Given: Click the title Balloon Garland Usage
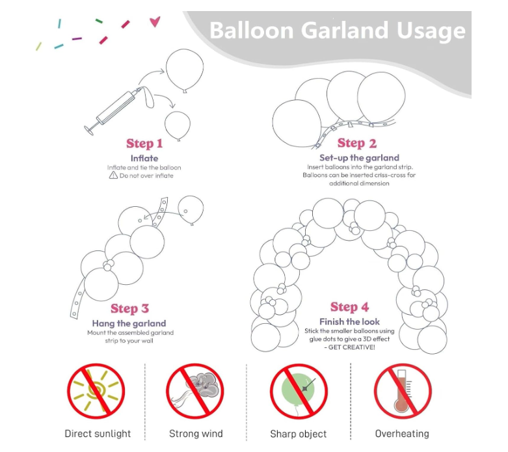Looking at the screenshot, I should pos(337,31).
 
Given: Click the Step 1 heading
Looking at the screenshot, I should pos(144,144).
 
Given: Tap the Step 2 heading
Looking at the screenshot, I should pos(356,143).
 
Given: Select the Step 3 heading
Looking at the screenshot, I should pos(129,308).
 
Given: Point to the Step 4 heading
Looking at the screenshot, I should pos(349,307).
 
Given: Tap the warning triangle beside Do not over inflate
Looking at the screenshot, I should pos(113,176).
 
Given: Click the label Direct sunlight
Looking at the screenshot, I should pos(98,433).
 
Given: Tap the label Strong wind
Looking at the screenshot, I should pos(196,433).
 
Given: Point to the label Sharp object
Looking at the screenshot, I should pos(299,433).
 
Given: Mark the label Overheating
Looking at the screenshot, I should pos(402,433).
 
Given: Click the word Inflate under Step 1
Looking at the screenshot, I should pos(144,158).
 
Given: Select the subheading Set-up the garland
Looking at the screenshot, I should pos(359,157).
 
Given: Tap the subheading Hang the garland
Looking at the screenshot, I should pos(129,323).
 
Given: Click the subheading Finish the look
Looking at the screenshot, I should pos(349,322).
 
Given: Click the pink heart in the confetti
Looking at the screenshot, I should pos(155,22).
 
